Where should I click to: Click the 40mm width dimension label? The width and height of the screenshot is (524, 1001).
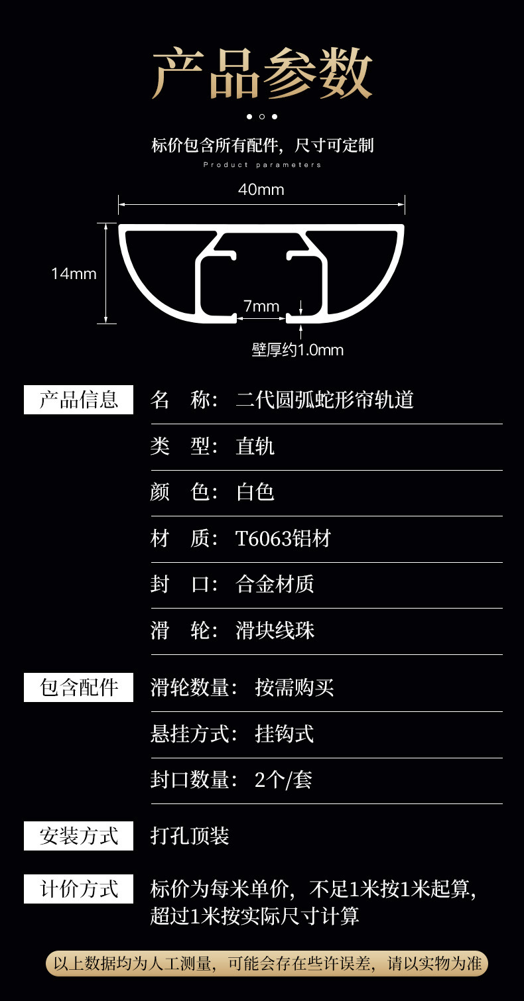click(x=261, y=190)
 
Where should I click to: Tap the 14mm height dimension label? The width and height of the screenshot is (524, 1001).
click(x=74, y=273)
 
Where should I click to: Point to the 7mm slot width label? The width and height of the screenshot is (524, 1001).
click(x=261, y=306)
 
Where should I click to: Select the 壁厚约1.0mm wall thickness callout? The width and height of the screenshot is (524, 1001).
click(x=298, y=349)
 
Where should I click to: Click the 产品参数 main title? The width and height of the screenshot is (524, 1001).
click(x=262, y=73)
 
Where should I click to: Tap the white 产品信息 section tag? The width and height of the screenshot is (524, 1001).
click(x=78, y=400)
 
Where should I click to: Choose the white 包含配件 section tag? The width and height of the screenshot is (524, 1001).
click(x=78, y=687)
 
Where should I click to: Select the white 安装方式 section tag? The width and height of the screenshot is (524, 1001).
click(x=78, y=836)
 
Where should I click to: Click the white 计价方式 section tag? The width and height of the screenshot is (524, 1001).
click(x=78, y=888)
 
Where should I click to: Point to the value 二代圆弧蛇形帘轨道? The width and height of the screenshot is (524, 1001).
click(x=325, y=400)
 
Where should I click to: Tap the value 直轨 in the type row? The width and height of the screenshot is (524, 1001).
click(x=255, y=446)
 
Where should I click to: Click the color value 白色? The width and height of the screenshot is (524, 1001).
click(x=255, y=492)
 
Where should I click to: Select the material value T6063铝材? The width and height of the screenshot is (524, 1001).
click(x=283, y=538)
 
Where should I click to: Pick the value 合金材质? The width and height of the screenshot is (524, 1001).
click(x=275, y=584)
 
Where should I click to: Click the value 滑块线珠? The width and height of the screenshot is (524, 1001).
click(x=275, y=630)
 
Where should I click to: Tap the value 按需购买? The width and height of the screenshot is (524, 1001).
click(x=295, y=687)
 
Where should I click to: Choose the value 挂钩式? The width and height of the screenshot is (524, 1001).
click(x=285, y=734)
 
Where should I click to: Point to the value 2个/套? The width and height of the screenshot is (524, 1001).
click(x=283, y=780)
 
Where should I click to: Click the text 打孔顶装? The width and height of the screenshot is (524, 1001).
click(x=190, y=836)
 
